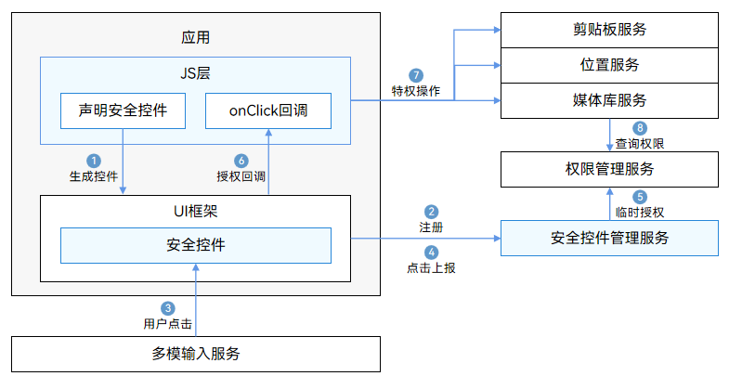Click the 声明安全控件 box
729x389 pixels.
point(123,110)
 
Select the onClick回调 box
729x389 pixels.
point(267,110)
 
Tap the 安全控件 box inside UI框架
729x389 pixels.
point(195,245)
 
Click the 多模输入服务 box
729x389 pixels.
point(196,354)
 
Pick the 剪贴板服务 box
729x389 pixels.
point(609,30)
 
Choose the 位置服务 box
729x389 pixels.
point(609,65)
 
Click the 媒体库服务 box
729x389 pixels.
point(609,100)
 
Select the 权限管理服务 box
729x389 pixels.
point(609,169)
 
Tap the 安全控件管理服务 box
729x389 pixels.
point(609,238)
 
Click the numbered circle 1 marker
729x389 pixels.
point(93,160)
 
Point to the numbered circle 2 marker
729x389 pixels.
point(431,212)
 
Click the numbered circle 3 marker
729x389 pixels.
point(168,308)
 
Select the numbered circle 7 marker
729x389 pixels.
point(416,74)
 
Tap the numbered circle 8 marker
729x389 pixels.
point(639,128)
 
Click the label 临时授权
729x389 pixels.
point(639,212)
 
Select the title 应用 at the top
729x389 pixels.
point(195,38)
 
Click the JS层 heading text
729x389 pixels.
point(195,72)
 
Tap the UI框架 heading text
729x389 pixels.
point(195,211)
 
